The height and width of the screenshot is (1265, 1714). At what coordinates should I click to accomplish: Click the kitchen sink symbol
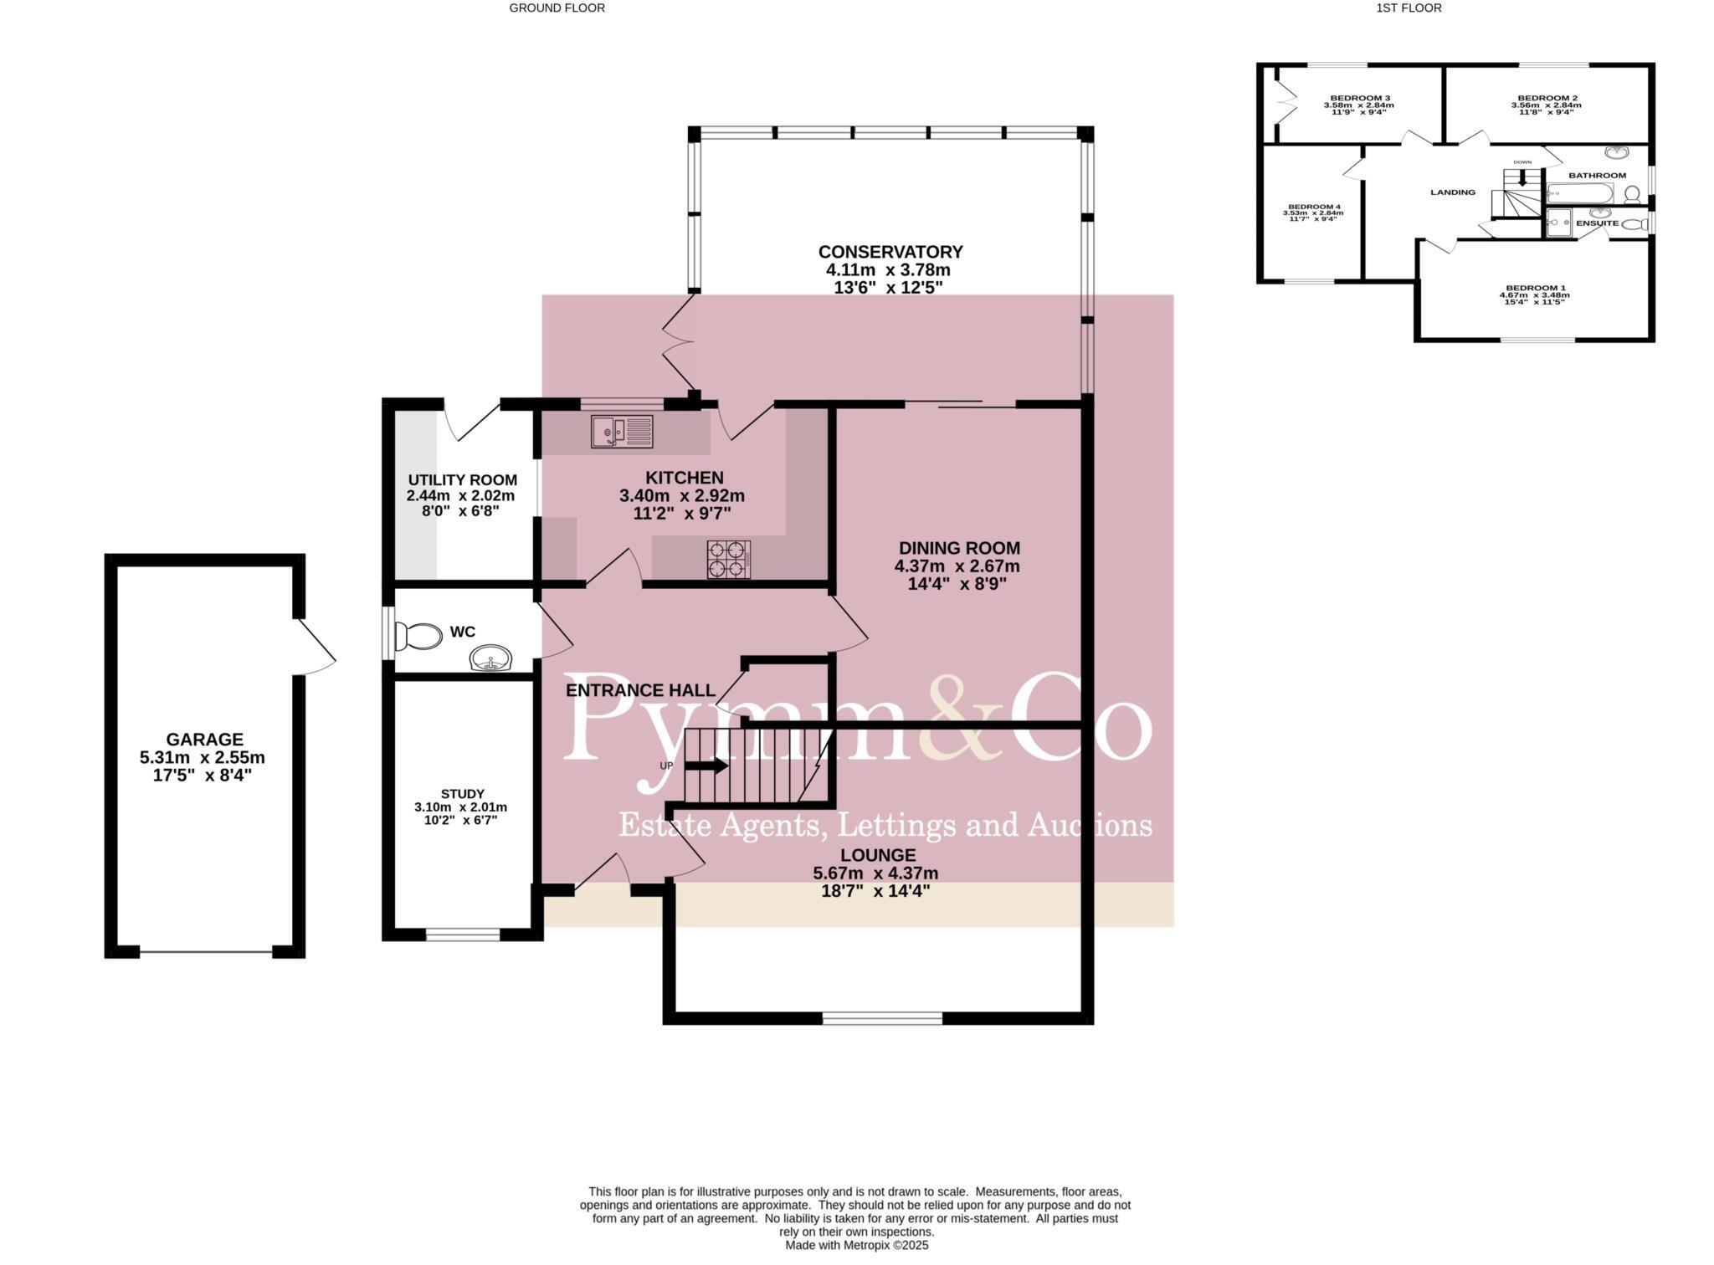[622, 432]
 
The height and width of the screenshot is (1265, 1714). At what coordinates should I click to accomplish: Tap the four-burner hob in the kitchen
[726, 559]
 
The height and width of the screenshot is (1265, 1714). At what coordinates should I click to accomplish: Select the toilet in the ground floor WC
[418, 637]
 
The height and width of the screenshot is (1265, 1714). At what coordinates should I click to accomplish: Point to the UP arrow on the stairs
[707, 766]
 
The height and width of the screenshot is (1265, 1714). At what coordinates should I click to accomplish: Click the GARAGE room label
[204, 740]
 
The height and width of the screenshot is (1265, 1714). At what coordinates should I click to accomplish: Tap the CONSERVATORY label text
[890, 252]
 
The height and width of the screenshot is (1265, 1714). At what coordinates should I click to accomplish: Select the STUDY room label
[463, 794]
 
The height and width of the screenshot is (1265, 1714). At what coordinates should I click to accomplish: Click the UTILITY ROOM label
[462, 480]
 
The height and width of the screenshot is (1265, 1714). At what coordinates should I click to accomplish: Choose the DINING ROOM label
[957, 549]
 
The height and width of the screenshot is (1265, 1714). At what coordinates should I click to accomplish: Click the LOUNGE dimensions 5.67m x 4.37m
[875, 873]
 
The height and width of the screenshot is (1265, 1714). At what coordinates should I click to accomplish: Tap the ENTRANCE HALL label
[640, 691]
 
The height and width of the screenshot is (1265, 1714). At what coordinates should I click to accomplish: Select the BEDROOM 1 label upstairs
[1533, 288]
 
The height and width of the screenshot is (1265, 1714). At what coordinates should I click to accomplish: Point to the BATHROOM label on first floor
[1597, 176]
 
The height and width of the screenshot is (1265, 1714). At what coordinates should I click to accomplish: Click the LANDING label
[1452, 192]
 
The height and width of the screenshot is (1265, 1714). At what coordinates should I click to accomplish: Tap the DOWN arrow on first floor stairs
[1522, 177]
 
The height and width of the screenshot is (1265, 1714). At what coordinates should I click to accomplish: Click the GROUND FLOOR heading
[557, 8]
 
